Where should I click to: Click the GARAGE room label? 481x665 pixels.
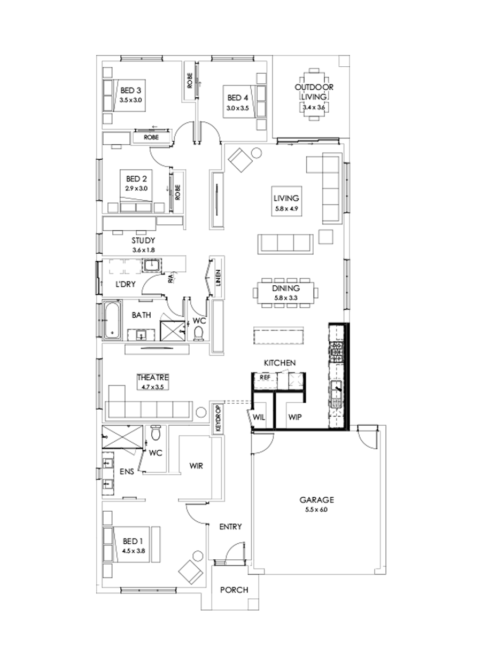tap(316, 500)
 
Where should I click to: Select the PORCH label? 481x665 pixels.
tap(234, 590)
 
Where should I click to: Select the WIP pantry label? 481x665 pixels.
tap(294, 417)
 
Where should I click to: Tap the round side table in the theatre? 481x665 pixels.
tap(201, 412)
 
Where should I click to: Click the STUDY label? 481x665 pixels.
tap(143, 240)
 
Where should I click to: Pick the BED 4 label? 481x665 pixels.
tap(238, 98)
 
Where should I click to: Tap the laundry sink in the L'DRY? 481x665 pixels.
tap(153, 265)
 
